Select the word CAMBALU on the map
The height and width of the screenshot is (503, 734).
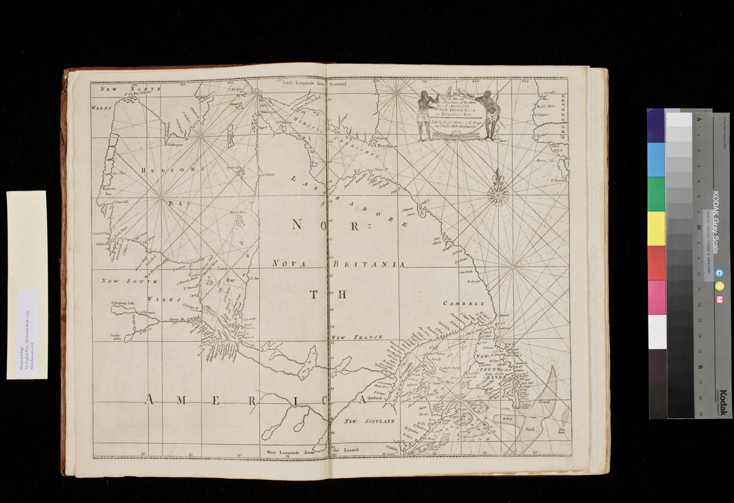click(465, 304)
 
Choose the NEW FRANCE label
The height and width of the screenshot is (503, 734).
click(357, 338)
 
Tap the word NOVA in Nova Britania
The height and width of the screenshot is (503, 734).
click(289, 264)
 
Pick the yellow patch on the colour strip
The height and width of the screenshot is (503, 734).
click(656, 228)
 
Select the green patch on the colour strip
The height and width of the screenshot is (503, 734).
click(656, 194)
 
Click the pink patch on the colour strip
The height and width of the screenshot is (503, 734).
click(656, 297)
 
